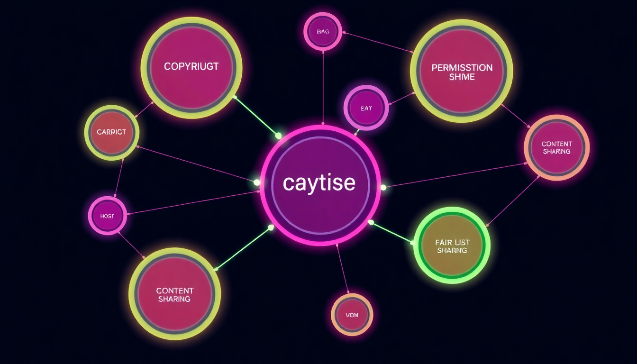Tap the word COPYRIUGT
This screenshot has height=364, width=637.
point(191,66)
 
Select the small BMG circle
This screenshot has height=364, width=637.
point(323,32)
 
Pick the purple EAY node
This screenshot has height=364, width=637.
point(366,108)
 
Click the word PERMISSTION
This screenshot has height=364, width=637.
point(462,68)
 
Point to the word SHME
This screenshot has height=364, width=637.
point(462,77)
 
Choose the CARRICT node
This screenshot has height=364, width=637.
point(112,132)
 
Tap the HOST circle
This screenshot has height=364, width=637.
point(108,216)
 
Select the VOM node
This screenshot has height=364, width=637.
point(352,315)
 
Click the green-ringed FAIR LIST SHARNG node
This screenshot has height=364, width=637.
point(452,246)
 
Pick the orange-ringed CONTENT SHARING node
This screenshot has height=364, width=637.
point(556,147)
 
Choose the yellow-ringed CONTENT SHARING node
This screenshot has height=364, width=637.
point(174,294)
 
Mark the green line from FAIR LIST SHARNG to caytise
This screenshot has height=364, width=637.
point(391,232)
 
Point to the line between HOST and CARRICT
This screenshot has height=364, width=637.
point(118,179)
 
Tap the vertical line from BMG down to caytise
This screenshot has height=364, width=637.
point(323,85)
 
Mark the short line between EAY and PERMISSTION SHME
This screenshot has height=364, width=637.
point(401,99)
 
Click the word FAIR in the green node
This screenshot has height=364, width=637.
point(443,242)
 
